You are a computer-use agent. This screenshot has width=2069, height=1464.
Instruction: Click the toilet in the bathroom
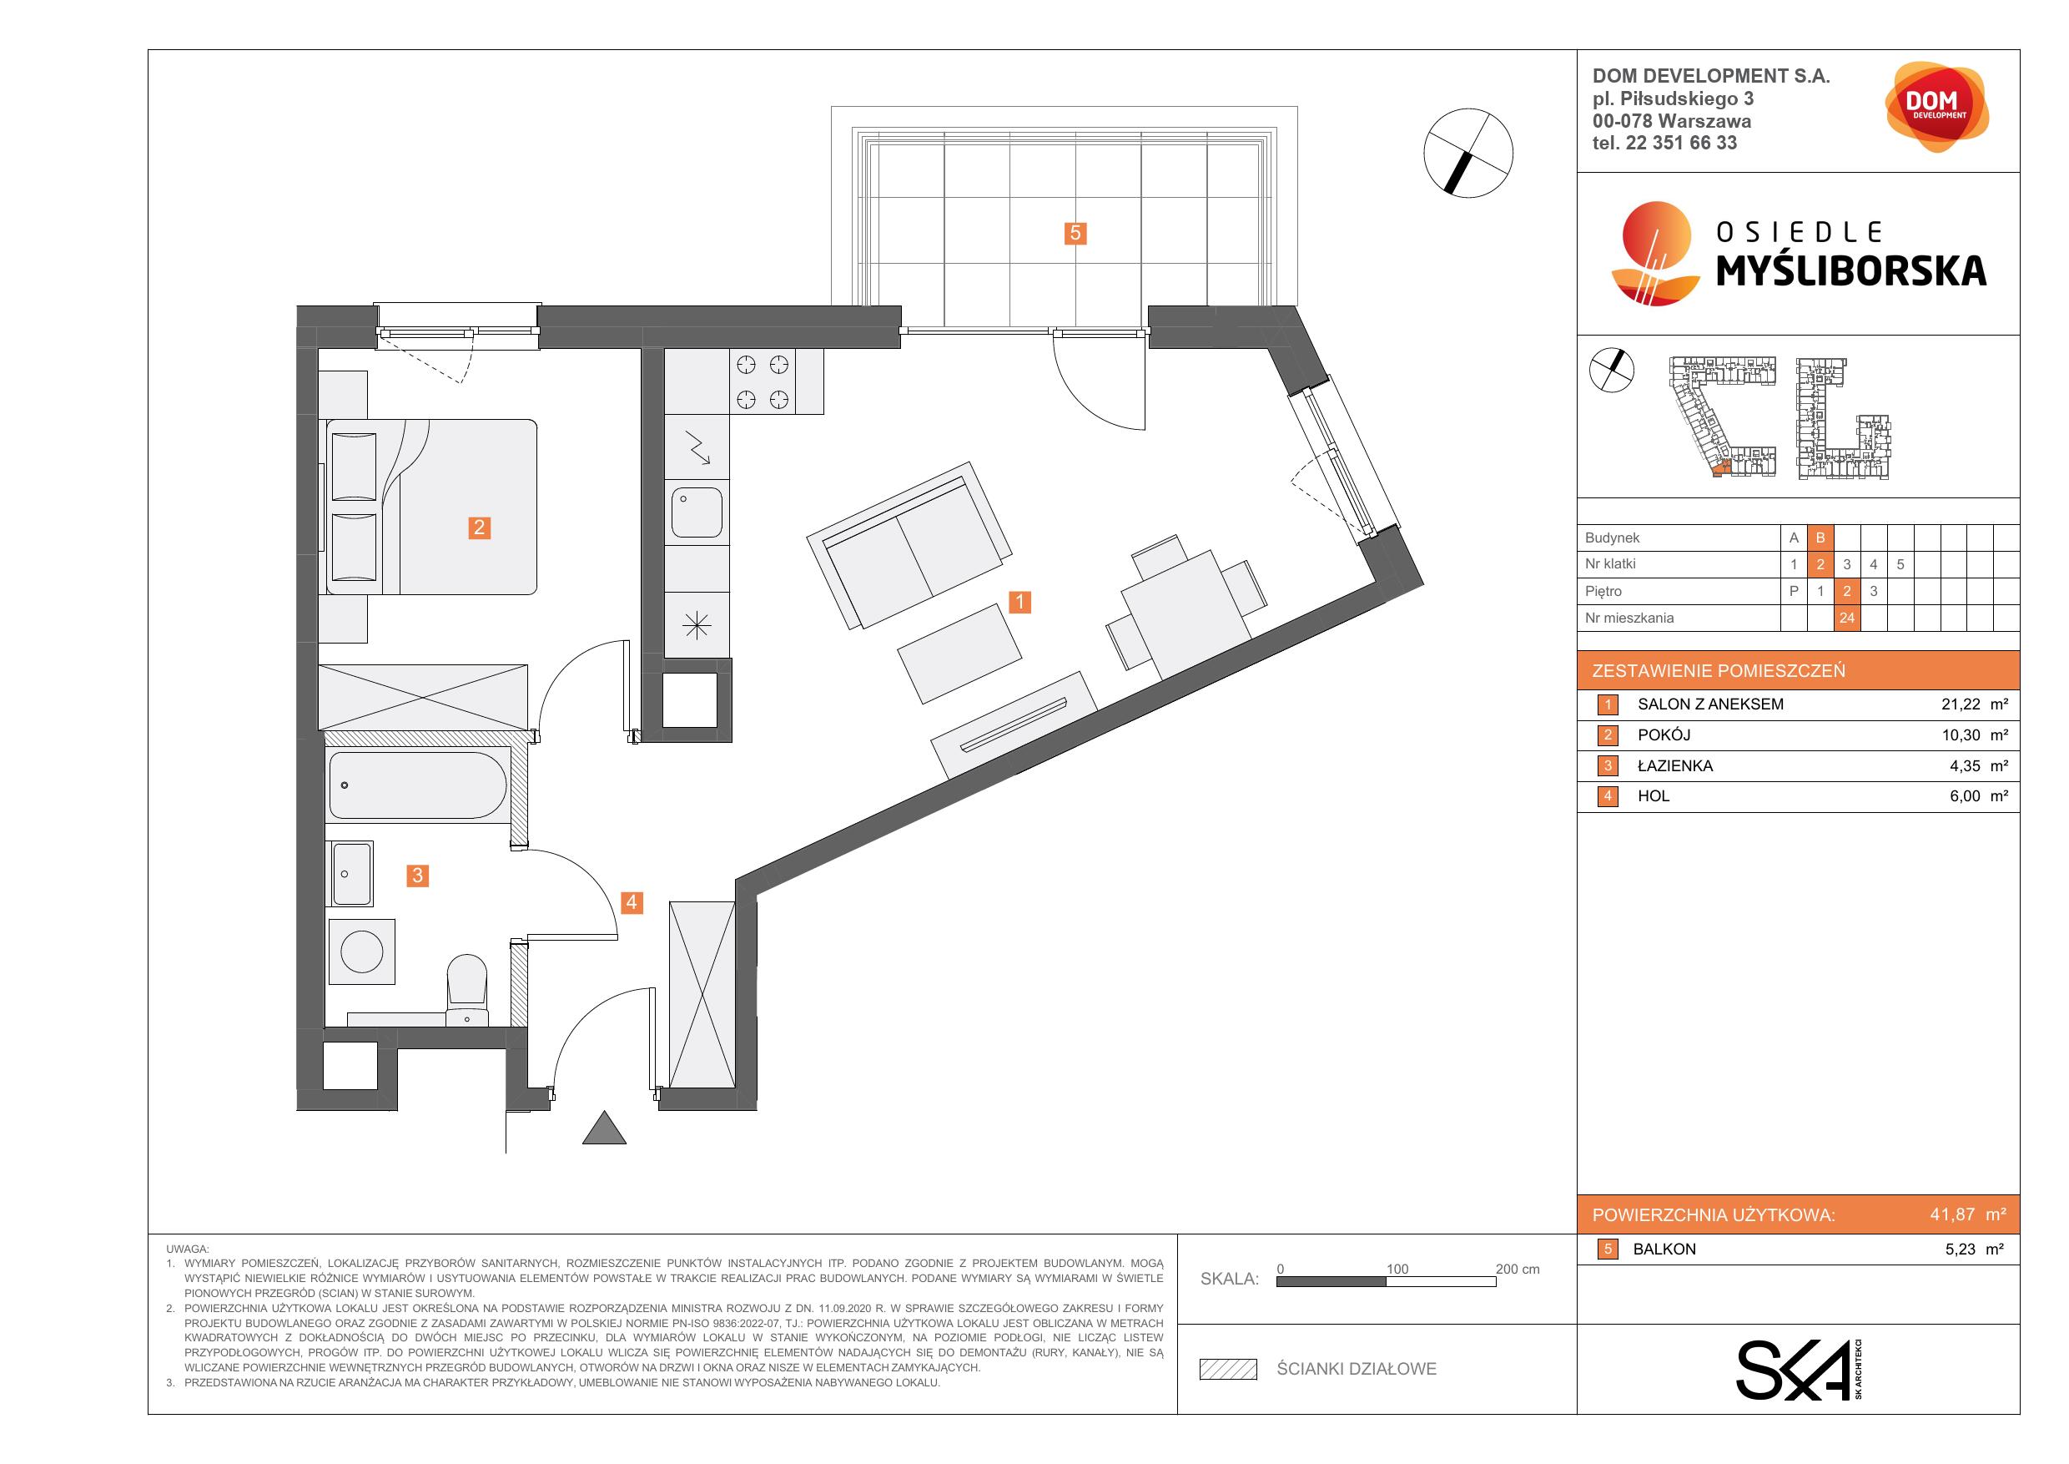coord(467,991)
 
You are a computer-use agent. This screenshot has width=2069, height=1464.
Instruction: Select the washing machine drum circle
coord(362,951)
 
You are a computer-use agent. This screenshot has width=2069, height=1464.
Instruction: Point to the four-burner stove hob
coord(763,381)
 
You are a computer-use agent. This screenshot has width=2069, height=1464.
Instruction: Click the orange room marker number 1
coord(1019,601)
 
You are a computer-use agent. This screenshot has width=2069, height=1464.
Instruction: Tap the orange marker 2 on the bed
coord(480,528)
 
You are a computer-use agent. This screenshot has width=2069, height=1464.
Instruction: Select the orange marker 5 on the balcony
coord(1075,234)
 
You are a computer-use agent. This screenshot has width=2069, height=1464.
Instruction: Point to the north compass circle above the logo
coord(1468,154)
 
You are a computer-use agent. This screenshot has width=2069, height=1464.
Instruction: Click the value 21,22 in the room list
coord(1961,704)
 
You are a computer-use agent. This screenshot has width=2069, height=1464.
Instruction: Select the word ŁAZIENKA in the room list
coord(1675,765)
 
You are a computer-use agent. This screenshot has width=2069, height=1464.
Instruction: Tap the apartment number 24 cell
coord(1846,618)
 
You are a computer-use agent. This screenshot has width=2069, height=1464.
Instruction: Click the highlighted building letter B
coord(1820,538)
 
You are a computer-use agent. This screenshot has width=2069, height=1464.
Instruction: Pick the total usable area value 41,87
coord(1953,1214)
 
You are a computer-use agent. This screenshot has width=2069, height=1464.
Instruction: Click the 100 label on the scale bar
coord(1397,1270)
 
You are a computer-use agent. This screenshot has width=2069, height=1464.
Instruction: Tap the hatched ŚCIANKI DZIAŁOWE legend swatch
coord(1227,1370)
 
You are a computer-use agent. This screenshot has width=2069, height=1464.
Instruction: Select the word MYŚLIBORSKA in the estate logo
coord(1851,270)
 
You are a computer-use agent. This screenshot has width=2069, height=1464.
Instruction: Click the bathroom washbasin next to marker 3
coord(351,874)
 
